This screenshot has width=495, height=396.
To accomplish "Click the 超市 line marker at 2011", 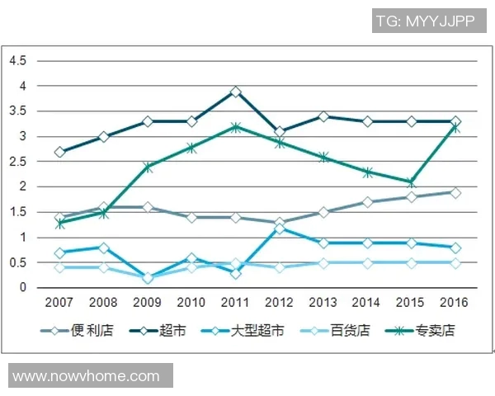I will (236, 92).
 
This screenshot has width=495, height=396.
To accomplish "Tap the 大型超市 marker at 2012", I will (280, 228).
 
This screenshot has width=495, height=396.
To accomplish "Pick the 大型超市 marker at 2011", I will (236, 273).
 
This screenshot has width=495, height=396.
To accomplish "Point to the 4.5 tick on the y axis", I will (18, 61).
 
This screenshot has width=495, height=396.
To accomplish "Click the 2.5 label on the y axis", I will (18, 162).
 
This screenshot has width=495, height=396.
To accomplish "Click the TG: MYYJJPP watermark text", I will (424, 21).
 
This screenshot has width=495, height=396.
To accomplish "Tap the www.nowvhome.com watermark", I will (87, 376).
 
